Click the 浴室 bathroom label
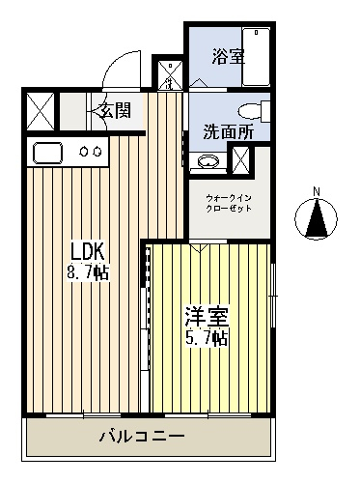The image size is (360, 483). [229, 57]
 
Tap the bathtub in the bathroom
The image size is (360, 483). [256, 57]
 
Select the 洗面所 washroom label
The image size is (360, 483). [229, 131]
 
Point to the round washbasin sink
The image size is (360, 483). [208, 160]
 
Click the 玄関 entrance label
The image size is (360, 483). [116, 110]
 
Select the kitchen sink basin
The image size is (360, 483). [47, 153]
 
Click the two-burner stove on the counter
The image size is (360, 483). [91, 152]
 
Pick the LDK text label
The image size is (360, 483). [88, 251]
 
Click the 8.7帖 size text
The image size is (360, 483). [88, 272]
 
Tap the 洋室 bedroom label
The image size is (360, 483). [207, 316]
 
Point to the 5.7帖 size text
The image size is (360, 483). [207, 337]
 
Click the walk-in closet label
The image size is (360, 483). [229, 203]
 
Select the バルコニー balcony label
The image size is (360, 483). [142, 437]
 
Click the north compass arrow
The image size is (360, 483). [317, 218]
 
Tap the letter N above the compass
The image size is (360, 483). [317, 192]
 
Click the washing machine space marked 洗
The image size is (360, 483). [170, 75]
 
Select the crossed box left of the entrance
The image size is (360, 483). [41, 111]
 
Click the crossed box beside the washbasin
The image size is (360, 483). [240, 159]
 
